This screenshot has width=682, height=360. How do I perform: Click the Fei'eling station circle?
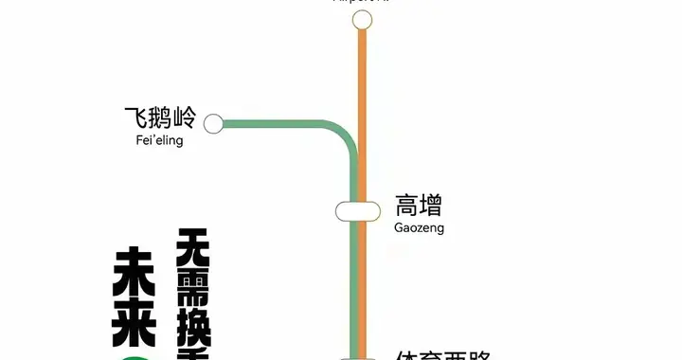pyautogui.click(x=213, y=123)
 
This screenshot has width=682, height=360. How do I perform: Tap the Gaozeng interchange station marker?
pyautogui.click(x=352, y=210)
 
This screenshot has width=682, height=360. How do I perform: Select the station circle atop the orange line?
pyautogui.click(x=361, y=20)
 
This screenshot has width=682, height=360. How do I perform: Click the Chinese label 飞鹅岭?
pyautogui.click(x=159, y=118)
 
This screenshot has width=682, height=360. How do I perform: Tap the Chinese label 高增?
pyautogui.click(x=419, y=206)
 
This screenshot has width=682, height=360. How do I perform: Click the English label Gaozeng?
pyautogui.click(x=419, y=228)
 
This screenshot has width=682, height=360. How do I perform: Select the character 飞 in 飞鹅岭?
pyautogui.click(x=135, y=118)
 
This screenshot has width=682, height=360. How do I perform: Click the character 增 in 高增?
pyautogui.click(x=431, y=206)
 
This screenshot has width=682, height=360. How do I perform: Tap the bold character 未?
pyautogui.click(x=134, y=271)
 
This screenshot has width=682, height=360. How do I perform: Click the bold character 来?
pyautogui.click(x=134, y=325)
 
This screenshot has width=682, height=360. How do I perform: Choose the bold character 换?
pyautogui.click(x=193, y=331)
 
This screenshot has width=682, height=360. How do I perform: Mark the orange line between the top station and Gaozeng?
pyautogui.click(x=362, y=104)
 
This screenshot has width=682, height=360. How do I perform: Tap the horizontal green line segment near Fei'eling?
pyautogui.click(x=275, y=123)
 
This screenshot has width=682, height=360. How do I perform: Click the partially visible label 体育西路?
pyautogui.click(x=443, y=355)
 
